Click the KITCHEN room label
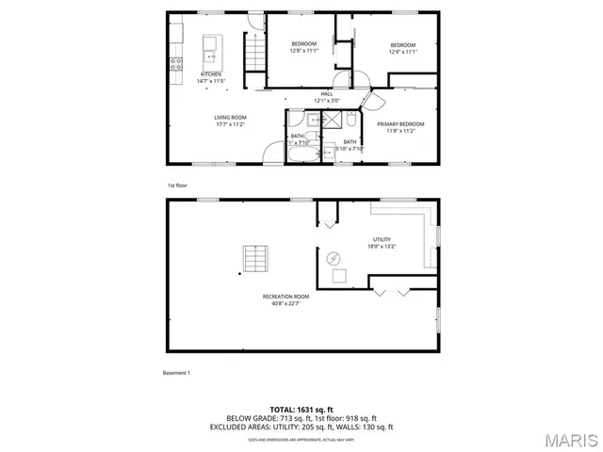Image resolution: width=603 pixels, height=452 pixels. tap(211, 73)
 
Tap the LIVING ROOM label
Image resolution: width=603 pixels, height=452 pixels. tap(231, 117)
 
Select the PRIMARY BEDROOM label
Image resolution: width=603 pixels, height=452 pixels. tap(400, 124)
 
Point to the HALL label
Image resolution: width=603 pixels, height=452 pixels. tap(327, 94)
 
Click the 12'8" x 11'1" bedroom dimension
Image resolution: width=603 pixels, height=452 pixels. tap(303, 51)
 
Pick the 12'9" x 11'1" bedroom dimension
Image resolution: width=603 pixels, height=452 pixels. tap(403, 51)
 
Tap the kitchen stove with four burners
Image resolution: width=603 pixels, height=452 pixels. tap(176, 64)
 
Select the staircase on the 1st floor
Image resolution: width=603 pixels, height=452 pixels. tap(253, 50)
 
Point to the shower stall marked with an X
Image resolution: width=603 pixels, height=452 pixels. tap(333, 119)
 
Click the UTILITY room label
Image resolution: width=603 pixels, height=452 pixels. tap(382, 239)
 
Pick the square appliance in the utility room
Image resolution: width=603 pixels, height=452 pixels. tap(340, 276)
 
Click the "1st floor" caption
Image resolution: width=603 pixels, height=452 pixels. tap(177, 186)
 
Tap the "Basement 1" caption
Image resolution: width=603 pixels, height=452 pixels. tap(176, 373)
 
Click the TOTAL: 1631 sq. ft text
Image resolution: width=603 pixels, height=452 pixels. tap(301, 410)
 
